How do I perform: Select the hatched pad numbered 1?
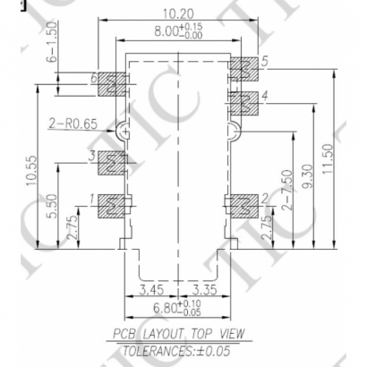[111, 205]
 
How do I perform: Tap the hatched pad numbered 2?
[243, 205]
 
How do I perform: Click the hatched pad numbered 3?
[111, 162]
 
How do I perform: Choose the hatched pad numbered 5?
[243, 68]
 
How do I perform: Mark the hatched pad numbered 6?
[111, 84]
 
